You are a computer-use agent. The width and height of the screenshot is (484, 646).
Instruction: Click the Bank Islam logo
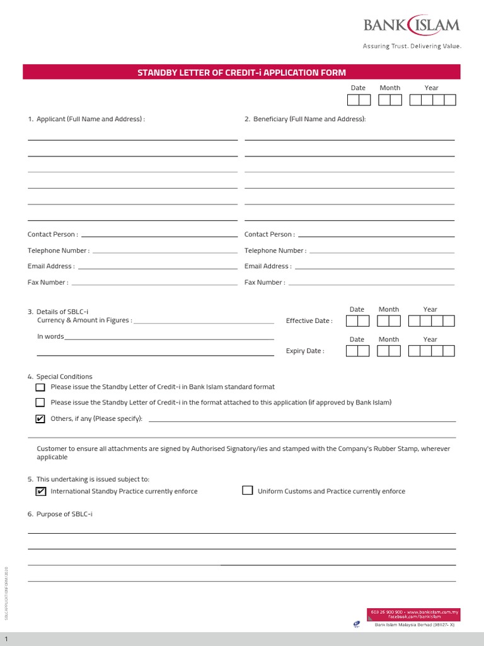412,26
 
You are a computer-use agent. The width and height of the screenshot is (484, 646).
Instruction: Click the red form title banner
241,73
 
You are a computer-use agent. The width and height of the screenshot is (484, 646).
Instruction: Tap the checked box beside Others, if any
40,419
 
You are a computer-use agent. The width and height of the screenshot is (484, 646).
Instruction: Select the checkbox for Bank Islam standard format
40,387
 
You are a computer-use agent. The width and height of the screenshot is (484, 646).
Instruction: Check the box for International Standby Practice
41,491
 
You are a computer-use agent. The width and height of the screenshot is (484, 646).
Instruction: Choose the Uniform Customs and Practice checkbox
248,491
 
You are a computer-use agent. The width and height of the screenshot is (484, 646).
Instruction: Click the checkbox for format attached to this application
40,402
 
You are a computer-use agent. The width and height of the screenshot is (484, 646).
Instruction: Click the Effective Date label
309,321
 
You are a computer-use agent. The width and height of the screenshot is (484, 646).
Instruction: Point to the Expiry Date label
305,351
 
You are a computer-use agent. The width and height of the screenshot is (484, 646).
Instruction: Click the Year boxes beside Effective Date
431,321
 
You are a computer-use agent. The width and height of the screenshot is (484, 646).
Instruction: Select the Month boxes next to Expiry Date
389,351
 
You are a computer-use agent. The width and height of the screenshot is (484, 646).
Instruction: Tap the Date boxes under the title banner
359,100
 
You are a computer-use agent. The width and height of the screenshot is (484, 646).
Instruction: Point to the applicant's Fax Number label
48,283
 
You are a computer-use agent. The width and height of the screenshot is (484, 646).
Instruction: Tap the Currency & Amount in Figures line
204,322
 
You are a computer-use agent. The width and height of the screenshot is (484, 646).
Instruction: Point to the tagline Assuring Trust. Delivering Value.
412,46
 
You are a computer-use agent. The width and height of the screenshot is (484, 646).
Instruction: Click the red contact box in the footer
414,613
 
